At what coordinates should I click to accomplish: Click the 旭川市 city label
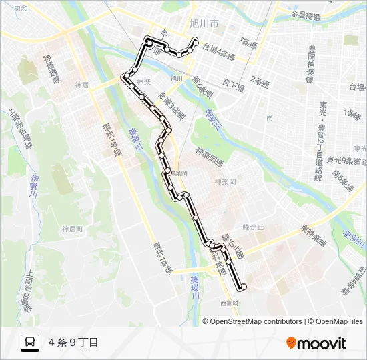coord(204,23)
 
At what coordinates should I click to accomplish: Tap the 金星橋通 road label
coord(310,14)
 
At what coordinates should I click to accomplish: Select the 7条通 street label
coord(248,43)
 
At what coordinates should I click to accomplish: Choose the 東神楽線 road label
coord(312,234)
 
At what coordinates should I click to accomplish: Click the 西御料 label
coord(230,303)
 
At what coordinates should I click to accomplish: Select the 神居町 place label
coord(73,229)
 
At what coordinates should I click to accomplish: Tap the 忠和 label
coord(21,8)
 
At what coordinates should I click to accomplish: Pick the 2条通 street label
coord(260,81)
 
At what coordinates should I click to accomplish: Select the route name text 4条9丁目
coord(73,343)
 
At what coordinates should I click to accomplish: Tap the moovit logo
coord(316,343)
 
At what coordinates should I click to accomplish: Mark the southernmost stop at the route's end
coord(244,287)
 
